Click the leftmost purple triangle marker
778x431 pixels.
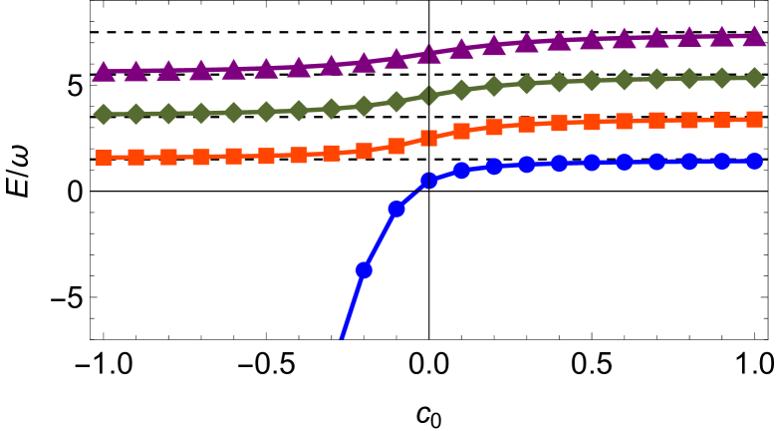coord(104,71)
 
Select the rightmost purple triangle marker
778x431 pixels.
coord(754,36)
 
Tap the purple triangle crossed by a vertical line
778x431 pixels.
coord(428,54)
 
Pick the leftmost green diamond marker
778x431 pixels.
coord(104,114)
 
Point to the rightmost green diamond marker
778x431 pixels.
coord(754,77)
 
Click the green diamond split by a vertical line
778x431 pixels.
coord(428,96)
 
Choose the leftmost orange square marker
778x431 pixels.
coord(104,157)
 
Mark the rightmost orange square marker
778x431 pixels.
coord(754,119)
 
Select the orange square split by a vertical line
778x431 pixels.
coord(428,138)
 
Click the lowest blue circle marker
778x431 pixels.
coord(364,269)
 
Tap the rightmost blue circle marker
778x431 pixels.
coord(754,161)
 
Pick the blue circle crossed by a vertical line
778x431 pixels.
coord(428,181)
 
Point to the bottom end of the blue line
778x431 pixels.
coord(342,338)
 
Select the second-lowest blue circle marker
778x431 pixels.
coord(396,209)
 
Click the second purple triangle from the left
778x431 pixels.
coord(136,71)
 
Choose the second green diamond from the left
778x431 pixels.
coord(136,114)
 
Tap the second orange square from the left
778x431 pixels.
coord(136,157)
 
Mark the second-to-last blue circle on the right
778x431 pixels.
coord(721,161)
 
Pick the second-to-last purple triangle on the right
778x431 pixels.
coord(721,37)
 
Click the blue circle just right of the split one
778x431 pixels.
coord(461,171)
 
